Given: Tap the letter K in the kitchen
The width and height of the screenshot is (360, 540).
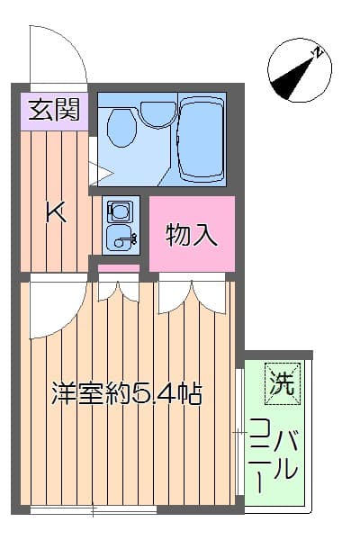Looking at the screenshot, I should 56,213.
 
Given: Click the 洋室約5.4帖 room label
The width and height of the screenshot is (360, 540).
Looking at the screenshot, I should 125,393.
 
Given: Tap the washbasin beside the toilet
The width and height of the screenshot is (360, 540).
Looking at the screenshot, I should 158,112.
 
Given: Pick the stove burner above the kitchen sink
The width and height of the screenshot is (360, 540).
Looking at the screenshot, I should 119,211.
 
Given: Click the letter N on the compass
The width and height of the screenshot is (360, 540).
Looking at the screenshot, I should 317,53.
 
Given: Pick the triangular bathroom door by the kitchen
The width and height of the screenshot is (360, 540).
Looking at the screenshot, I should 99,167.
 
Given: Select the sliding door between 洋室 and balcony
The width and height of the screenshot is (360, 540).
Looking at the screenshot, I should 238,432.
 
